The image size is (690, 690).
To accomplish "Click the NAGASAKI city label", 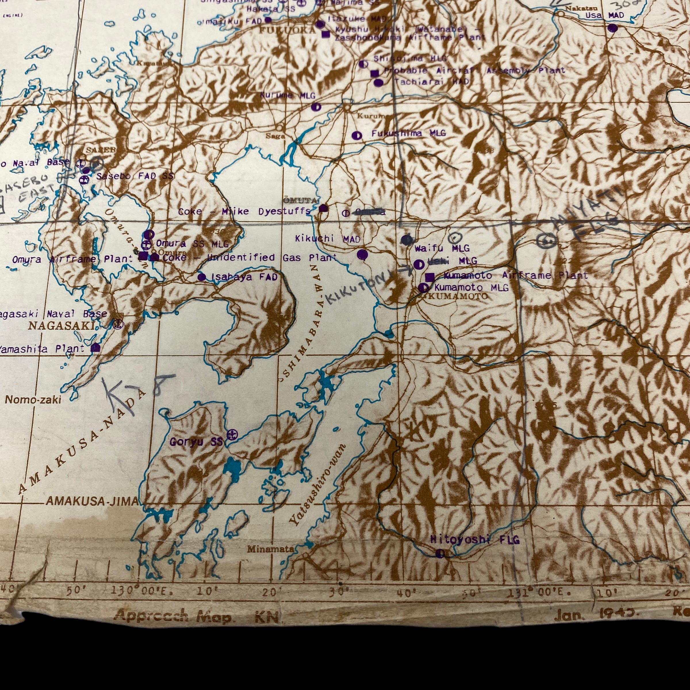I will point(62,326).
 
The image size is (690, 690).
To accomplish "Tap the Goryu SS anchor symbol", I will point(232,435).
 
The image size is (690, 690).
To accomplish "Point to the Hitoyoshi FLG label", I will point(475,540).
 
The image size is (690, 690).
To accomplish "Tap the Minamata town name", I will point(270,549).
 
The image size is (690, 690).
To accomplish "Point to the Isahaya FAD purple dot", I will point(202,277).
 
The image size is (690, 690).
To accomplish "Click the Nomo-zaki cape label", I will point(33,400).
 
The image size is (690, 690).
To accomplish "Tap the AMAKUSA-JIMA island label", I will point(92,501).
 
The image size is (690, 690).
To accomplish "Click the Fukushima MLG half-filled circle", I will point(356,135).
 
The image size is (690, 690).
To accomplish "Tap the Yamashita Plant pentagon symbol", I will point(95,348).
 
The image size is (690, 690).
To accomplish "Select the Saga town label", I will point(275,136).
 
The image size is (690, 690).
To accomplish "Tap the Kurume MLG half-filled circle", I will point(316,107).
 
